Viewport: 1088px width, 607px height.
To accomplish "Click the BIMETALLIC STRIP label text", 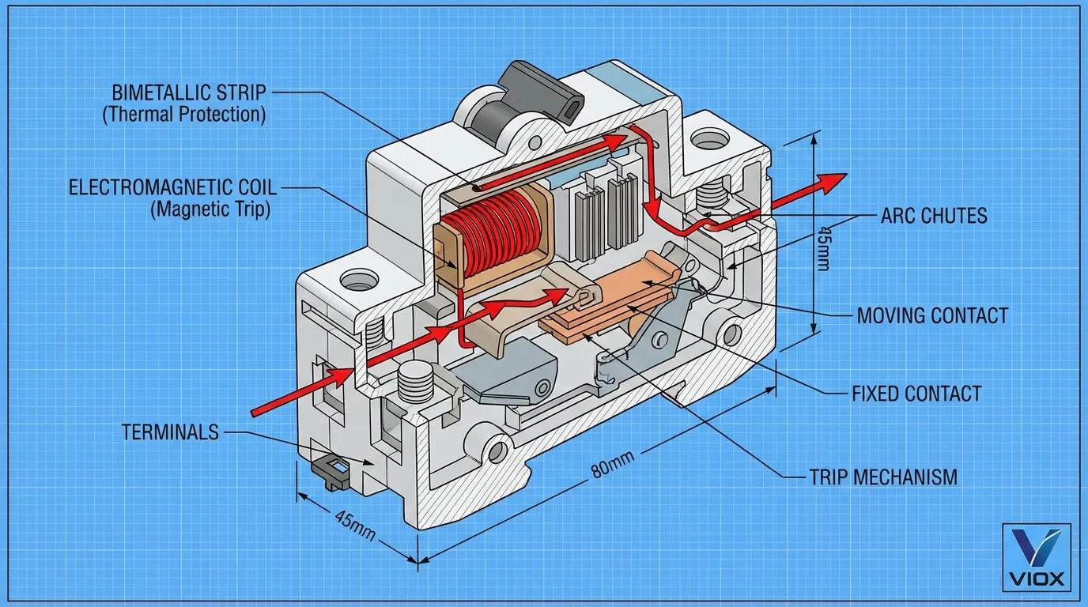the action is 189,92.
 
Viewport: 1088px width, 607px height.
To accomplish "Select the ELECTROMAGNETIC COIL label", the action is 172,187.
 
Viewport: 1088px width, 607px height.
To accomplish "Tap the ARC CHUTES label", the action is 934,216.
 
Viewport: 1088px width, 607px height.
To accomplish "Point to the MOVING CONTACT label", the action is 932,315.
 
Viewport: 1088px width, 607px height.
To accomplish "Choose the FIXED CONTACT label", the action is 917,394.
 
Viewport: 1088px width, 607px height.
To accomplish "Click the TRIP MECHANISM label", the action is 883,477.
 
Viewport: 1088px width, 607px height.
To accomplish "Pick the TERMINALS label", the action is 170,432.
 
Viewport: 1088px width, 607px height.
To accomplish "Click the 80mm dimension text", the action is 613,464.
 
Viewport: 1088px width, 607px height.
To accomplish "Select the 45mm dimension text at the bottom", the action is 355,525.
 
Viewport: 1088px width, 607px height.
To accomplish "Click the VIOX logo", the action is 1037,557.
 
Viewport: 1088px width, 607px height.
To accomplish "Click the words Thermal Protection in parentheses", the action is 184,115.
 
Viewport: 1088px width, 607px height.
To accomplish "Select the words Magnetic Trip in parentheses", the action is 211,209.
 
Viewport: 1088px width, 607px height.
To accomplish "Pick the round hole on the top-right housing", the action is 709,139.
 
